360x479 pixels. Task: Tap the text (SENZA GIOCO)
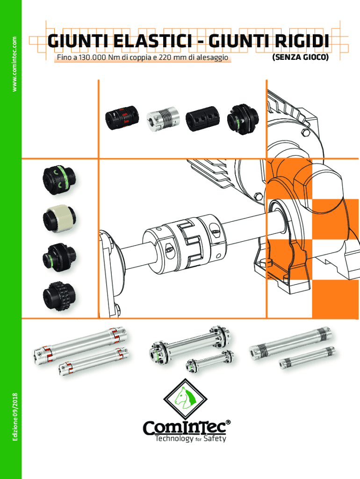click(x=300, y=58)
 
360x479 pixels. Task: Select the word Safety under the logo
click(x=215, y=439)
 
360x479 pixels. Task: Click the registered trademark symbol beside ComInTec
click(x=228, y=423)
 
